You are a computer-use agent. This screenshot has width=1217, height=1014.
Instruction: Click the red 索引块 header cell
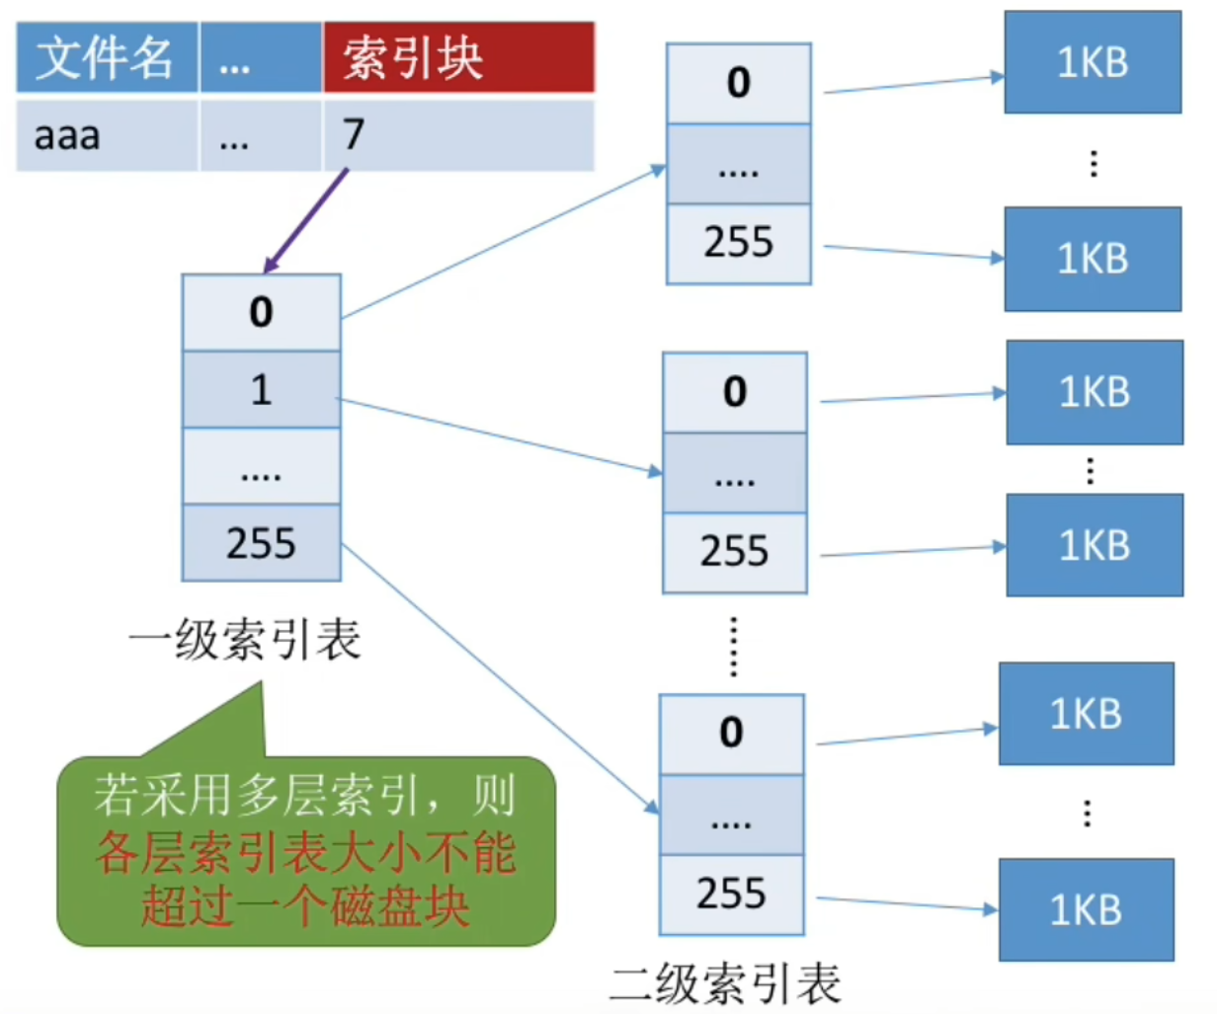click(x=458, y=57)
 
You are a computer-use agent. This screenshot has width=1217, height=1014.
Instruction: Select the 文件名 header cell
click(x=107, y=57)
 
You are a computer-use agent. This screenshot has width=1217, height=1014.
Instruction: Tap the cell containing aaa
click(x=107, y=135)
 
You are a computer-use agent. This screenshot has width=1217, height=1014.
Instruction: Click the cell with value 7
click(x=458, y=135)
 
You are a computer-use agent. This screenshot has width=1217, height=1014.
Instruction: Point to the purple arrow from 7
click(x=306, y=221)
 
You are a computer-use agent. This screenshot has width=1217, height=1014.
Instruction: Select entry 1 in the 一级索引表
click(x=261, y=390)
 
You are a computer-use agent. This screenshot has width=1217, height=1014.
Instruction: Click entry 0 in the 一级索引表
click(x=261, y=313)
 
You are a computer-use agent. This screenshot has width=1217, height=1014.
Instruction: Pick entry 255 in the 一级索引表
click(x=261, y=543)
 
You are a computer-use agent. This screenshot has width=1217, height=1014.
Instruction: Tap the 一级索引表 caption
click(x=245, y=640)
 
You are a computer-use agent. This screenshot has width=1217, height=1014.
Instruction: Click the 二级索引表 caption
click(x=725, y=982)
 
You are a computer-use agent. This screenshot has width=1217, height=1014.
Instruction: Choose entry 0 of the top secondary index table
click(x=738, y=83)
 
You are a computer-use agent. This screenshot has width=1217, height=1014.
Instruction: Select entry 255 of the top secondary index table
click(x=738, y=243)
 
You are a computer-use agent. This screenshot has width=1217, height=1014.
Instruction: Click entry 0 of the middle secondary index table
click(x=734, y=393)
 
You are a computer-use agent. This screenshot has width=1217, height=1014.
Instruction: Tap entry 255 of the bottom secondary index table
click(x=731, y=895)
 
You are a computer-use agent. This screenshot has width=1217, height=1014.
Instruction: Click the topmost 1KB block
click(x=1093, y=62)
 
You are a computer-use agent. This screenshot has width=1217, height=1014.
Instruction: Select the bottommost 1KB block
click(x=1086, y=909)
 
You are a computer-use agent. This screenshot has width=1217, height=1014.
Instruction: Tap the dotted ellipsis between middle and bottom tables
click(x=733, y=646)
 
